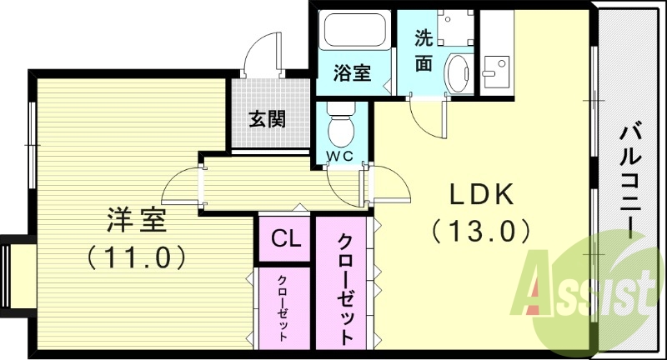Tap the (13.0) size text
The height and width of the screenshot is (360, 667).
(x=482, y=228)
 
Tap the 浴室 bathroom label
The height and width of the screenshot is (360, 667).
(x=352, y=73)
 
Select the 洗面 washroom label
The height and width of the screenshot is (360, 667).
(x=424, y=51)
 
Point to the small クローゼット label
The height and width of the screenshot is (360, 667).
(x=283, y=307)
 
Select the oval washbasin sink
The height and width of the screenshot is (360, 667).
(x=458, y=73)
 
